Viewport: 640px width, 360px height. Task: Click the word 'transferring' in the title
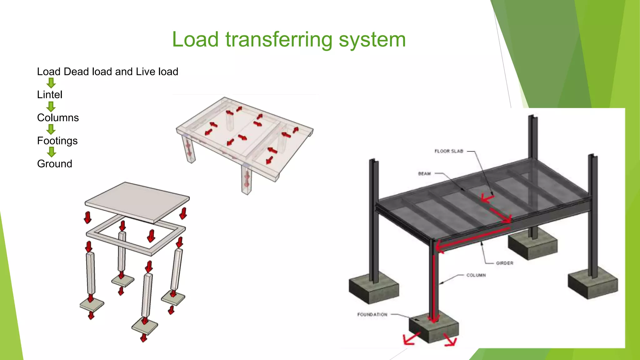click(x=279, y=40)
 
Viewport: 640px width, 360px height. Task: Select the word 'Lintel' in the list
click(x=50, y=95)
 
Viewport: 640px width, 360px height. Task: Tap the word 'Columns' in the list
click(x=58, y=118)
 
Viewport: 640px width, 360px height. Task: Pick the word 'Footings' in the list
click(x=57, y=141)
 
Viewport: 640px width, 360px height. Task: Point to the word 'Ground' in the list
click(x=55, y=164)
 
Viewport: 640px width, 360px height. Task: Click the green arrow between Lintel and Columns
click(x=51, y=107)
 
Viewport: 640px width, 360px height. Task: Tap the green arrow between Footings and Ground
click(x=51, y=152)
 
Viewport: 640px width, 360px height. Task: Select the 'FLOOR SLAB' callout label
click(x=449, y=151)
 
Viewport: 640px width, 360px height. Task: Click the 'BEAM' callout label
click(x=424, y=174)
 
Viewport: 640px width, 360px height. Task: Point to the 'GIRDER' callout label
click(x=504, y=263)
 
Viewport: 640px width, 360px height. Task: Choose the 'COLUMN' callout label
click(x=476, y=275)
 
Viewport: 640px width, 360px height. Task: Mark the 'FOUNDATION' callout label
click(x=372, y=314)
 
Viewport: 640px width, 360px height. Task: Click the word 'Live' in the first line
click(x=146, y=72)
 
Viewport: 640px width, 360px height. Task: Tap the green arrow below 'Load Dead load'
click(x=51, y=83)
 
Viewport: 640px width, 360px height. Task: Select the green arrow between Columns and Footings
click(x=51, y=129)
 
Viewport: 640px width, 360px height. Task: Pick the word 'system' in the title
click(x=372, y=40)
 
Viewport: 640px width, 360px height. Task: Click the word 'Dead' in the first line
click(x=76, y=72)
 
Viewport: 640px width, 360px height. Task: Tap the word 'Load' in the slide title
click(x=195, y=40)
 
